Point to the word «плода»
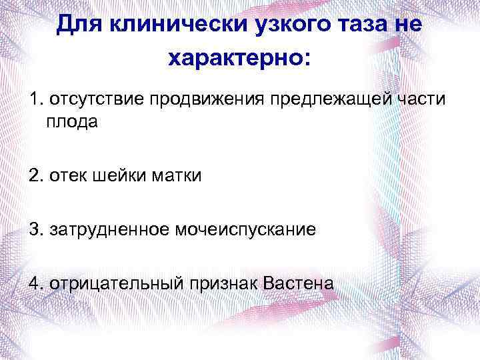coord(71,122)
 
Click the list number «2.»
coord(34,176)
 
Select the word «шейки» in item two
coord(113,176)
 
